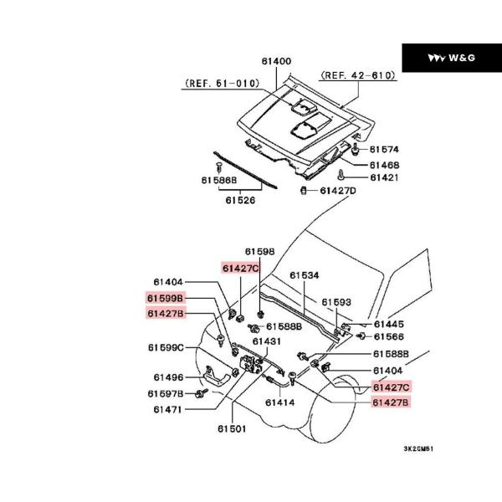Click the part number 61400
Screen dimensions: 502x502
click(276, 61)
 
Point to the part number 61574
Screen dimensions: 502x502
click(385, 149)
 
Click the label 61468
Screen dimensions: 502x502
click(385, 165)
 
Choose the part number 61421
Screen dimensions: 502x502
click(385, 177)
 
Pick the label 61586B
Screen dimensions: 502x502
click(219, 180)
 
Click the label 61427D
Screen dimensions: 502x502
click(338, 191)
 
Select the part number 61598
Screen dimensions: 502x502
click(260, 251)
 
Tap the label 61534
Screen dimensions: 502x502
click(305, 274)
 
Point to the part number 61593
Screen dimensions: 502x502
click(337, 302)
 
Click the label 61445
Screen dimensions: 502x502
click(389, 324)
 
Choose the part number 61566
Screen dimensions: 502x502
click(389, 336)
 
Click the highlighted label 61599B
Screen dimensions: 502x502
click(165, 298)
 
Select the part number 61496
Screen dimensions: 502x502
click(168, 377)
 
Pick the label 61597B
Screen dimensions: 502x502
click(166, 393)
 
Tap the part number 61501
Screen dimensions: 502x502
click(233, 429)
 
